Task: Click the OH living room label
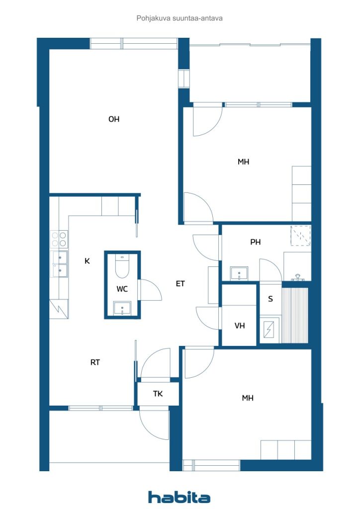tap(114, 119)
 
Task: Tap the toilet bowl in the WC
tap(122, 266)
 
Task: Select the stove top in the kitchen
tap(59, 239)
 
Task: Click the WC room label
tap(122, 289)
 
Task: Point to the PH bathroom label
tap(256, 242)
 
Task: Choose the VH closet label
tap(240, 326)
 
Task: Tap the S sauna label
tap(270, 299)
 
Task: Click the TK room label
tap(158, 394)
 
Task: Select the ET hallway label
tap(180, 284)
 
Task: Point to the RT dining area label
tap(95, 362)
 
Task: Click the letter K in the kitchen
tap(87, 261)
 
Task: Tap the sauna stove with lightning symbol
tap(270, 330)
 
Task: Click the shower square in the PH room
tap(301, 236)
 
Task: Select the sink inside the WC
tap(122, 308)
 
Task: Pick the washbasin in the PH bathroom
tap(239, 274)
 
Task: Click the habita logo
tap(179, 497)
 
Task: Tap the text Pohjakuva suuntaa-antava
tap(180, 18)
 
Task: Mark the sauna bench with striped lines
tap(294, 315)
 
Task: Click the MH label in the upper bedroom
tap(244, 162)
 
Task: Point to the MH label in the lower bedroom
tap(248, 398)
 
